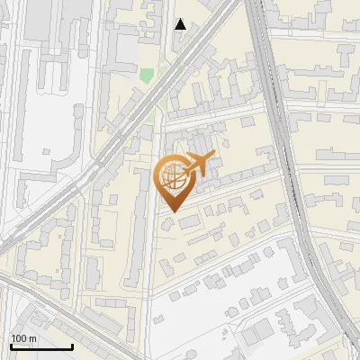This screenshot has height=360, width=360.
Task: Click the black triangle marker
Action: [x=181, y=24]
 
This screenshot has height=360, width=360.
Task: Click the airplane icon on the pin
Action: [x=196, y=164]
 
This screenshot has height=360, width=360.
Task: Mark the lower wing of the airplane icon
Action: [x=194, y=172]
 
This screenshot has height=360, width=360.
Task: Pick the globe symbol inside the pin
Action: [x=172, y=177]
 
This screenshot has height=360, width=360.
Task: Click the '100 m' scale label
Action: [x=24, y=338]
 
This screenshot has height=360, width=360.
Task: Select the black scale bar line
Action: [x=41, y=346]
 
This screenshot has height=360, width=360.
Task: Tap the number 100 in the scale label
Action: [x=19, y=338]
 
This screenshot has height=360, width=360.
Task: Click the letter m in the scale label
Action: [x=32, y=338]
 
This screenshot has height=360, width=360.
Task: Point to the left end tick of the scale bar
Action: [x=11, y=345]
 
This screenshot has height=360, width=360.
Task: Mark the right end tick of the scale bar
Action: [x=72, y=345]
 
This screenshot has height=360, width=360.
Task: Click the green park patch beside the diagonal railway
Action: [x=146, y=76]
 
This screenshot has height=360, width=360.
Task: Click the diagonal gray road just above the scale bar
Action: [x=54, y=310]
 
